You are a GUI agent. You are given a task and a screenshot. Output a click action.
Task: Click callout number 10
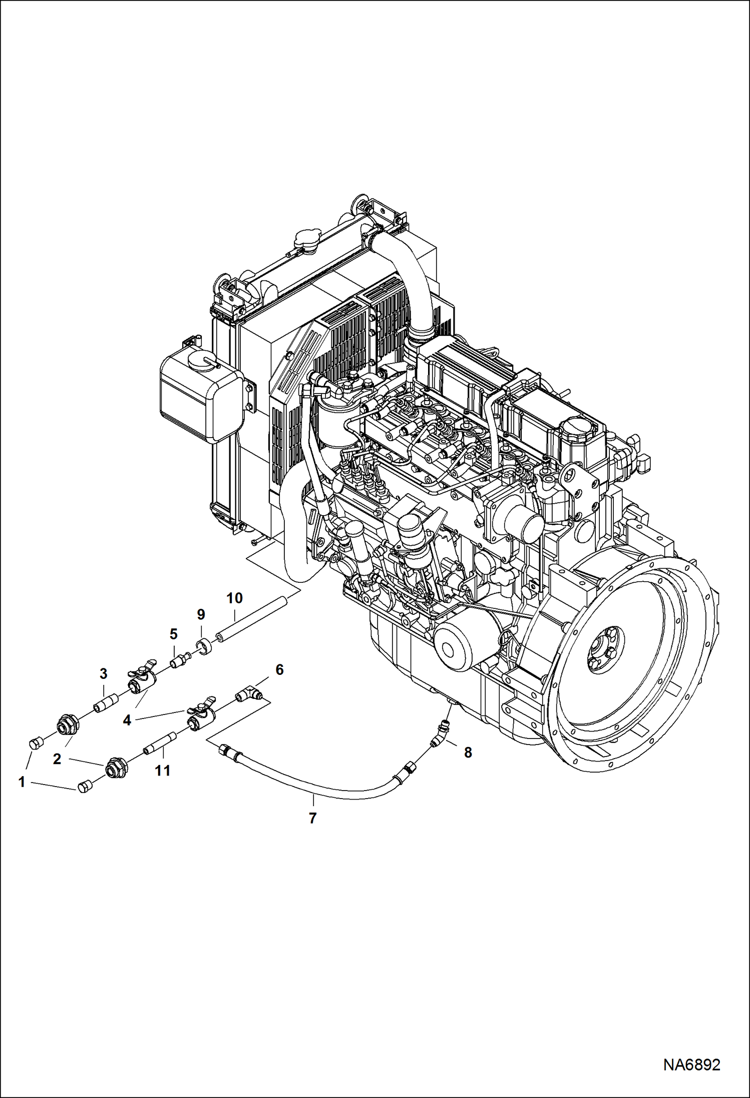[234, 598]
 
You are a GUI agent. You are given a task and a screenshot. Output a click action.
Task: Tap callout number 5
[173, 634]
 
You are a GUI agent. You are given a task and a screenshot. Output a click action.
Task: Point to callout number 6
[279, 669]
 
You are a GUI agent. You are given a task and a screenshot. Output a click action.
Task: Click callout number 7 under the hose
[312, 818]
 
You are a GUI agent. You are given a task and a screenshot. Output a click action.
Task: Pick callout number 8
[468, 752]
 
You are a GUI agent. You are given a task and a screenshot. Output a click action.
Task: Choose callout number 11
[163, 771]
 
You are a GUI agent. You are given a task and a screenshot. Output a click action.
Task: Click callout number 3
[103, 673]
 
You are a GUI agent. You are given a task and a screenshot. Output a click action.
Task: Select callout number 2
[57, 759]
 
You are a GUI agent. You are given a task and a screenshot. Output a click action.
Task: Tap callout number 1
[22, 782]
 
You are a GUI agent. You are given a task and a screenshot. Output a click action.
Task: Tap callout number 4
[127, 720]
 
